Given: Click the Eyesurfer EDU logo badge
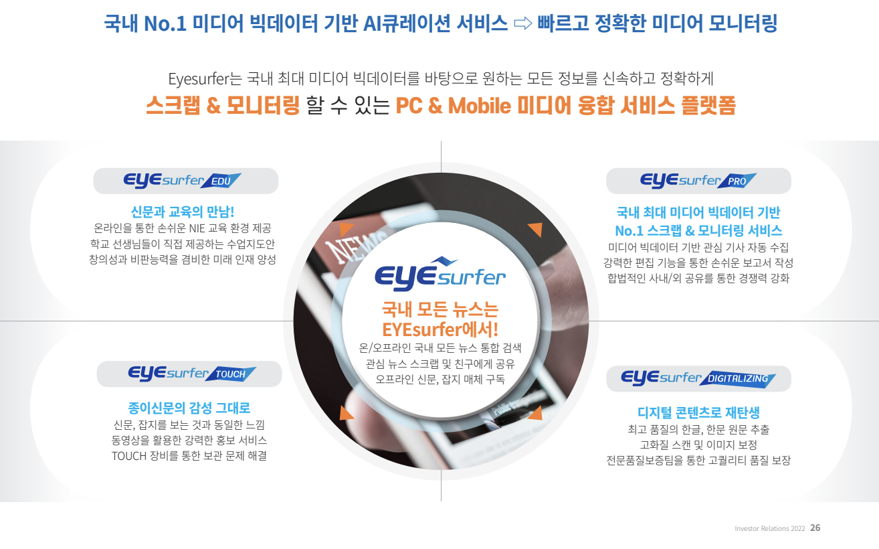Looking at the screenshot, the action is point(185,181).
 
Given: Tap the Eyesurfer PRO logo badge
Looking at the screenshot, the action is point(698,181).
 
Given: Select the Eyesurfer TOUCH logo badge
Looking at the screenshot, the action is point(189,374).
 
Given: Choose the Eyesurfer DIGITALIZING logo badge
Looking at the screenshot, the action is point(698,378).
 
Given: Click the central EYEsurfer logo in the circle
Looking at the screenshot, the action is point(440,271).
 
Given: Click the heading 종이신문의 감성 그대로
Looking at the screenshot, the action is point(189,408).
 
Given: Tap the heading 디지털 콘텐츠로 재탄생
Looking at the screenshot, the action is point(698,412).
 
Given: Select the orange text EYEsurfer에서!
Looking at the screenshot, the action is point(440,329).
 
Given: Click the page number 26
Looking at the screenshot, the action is point(815,528).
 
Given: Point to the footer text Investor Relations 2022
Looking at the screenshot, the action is point(769,528).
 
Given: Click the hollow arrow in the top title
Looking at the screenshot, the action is point(522,25).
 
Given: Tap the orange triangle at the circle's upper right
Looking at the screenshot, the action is point(534,230).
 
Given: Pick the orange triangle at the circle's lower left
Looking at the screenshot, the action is point(347,413).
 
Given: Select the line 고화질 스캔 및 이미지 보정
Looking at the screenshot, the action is point(698,445).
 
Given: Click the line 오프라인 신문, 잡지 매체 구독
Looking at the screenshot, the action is point(440,380).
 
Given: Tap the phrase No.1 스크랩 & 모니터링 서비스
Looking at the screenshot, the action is point(698,231).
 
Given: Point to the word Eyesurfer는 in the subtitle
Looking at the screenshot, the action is point(199,78).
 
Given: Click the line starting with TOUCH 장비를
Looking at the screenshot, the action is point(189,456).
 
